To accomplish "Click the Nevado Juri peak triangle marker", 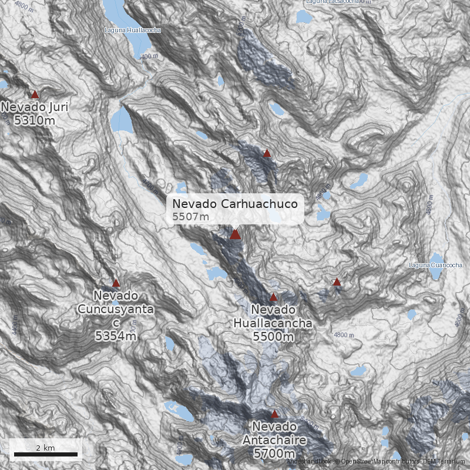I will [35, 94].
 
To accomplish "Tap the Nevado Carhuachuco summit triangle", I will [235, 234].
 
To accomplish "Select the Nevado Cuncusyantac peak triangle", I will [116, 283].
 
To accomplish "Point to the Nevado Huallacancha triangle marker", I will [273, 297].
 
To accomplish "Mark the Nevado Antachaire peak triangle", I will [274, 414].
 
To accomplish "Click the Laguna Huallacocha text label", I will [132, 29].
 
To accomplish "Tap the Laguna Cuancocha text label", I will [435, 266].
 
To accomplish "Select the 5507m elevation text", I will [191, 217].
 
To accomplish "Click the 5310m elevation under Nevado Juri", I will [35, 121].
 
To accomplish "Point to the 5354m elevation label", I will [116, 336].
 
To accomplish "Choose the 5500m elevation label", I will [273, 337].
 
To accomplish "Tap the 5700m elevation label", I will [274, 454].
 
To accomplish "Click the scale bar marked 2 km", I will [46, 454].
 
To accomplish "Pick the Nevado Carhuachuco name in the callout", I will [235, 204].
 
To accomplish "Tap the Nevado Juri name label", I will [35, 107].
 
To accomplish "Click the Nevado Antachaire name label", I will [274, 434].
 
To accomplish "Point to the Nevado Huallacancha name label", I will [273, 316].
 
